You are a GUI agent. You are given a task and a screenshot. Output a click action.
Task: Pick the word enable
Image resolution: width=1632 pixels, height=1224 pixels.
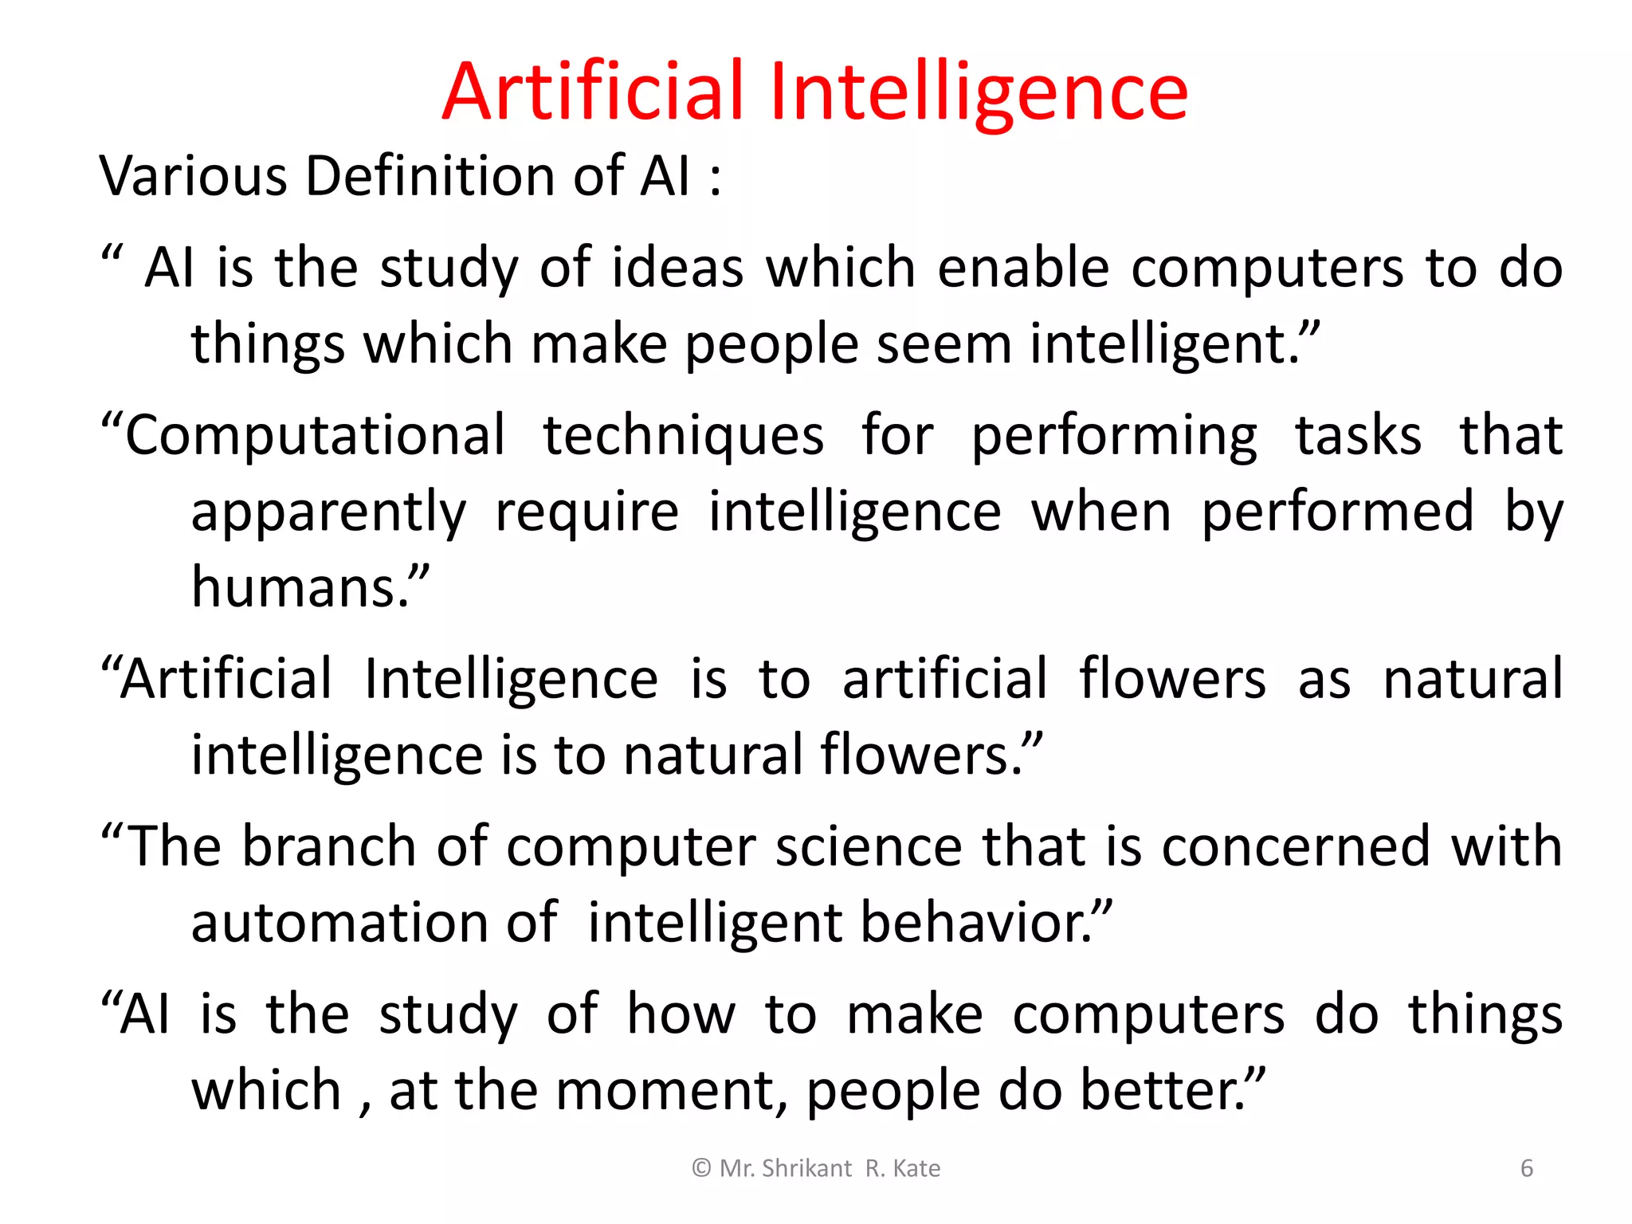pyautogui.click(x=1023, y=268)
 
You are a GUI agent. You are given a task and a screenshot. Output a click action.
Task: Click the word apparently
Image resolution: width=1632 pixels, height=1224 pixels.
pyautogui.click(x=328, y=512)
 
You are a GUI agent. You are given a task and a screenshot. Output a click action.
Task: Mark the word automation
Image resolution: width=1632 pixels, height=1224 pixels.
pyautogui.click(x=339, y=923)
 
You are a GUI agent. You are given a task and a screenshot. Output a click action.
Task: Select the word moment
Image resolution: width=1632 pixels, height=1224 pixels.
pyautogui.click(x=665, y=1090)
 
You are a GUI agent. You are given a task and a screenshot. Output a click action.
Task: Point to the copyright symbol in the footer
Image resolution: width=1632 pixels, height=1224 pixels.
pyautogui.click(x=701, y=1168)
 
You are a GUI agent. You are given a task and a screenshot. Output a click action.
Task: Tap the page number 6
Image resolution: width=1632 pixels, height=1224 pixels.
pyautogui.click(x=1527, y=1168)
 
